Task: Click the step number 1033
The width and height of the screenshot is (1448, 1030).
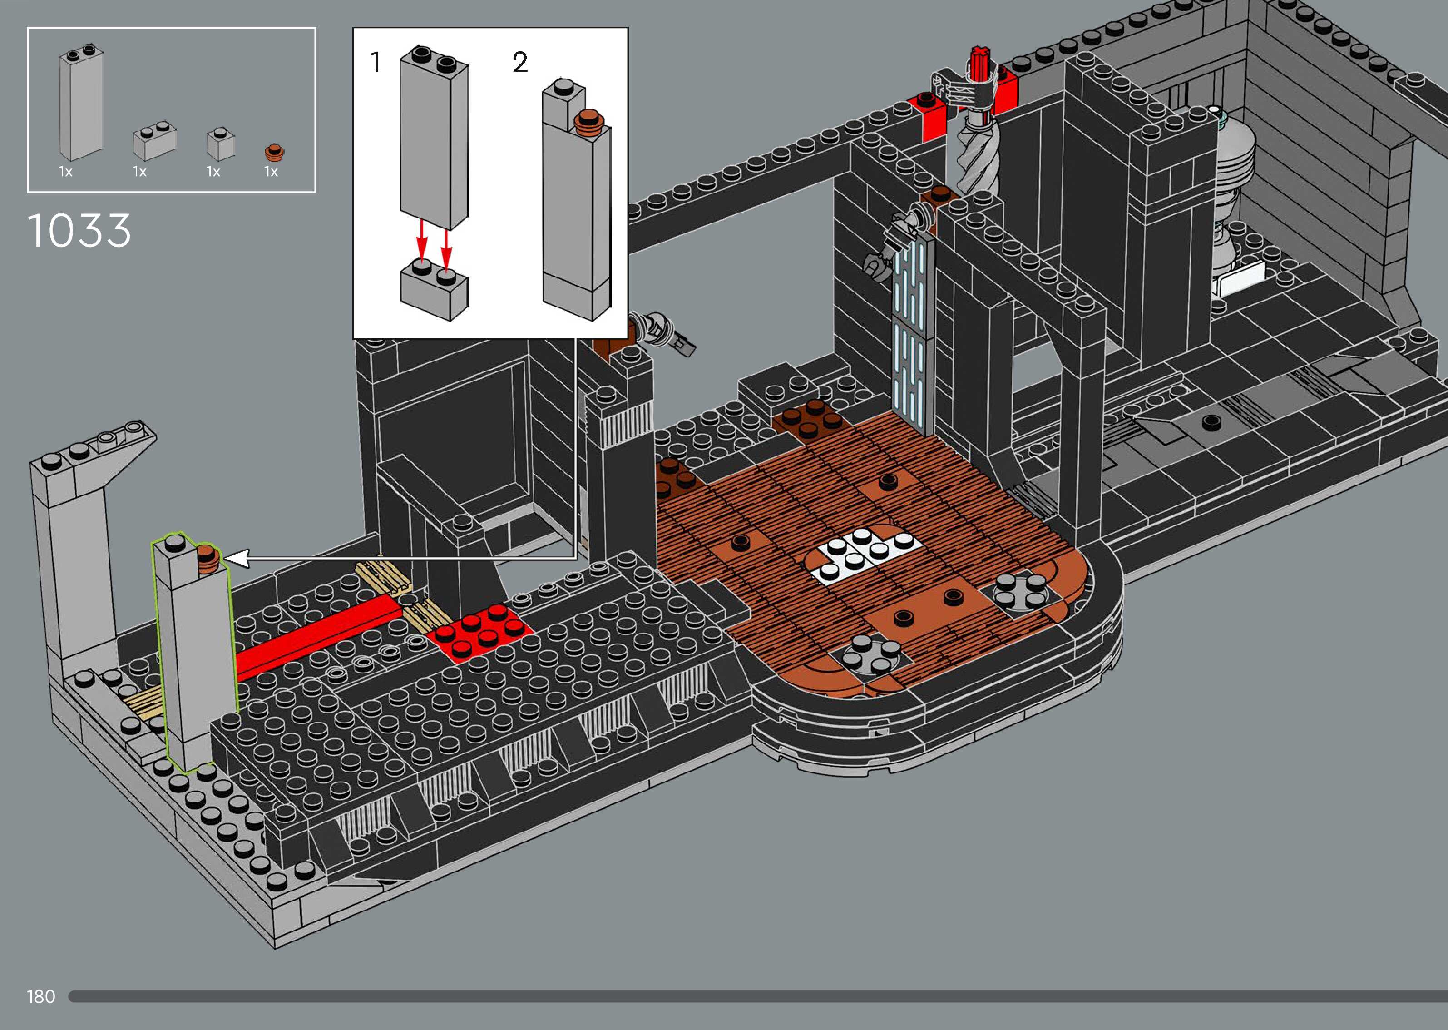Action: [x=79, y=230]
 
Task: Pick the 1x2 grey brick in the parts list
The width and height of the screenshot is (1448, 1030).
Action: [x=154, y=141]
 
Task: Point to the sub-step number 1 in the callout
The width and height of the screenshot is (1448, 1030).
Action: [x=376, y=62]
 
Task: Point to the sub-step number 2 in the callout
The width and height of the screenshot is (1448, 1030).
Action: [x=520, y=62]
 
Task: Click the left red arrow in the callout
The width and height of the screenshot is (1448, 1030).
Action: [x=421, y=244]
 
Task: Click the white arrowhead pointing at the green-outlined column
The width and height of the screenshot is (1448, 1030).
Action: [x=236, y=559]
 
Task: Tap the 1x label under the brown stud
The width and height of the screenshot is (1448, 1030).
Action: [x=271, y=172]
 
